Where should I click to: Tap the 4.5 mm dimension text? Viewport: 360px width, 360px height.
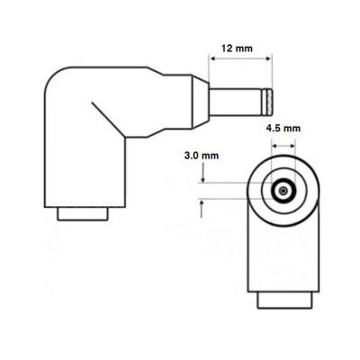tap(284, 129)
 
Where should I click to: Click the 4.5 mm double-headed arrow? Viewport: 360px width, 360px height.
tap(284, 145)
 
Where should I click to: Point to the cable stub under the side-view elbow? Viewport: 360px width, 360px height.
tap(84, 215)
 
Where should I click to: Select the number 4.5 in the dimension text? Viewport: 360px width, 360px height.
tap(274, 129)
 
